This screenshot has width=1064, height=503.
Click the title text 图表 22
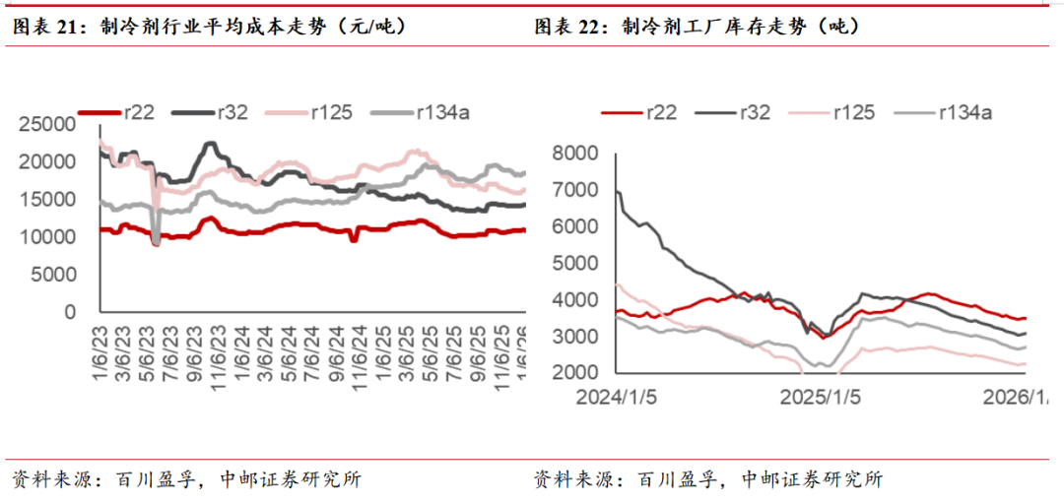point(571,28)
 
